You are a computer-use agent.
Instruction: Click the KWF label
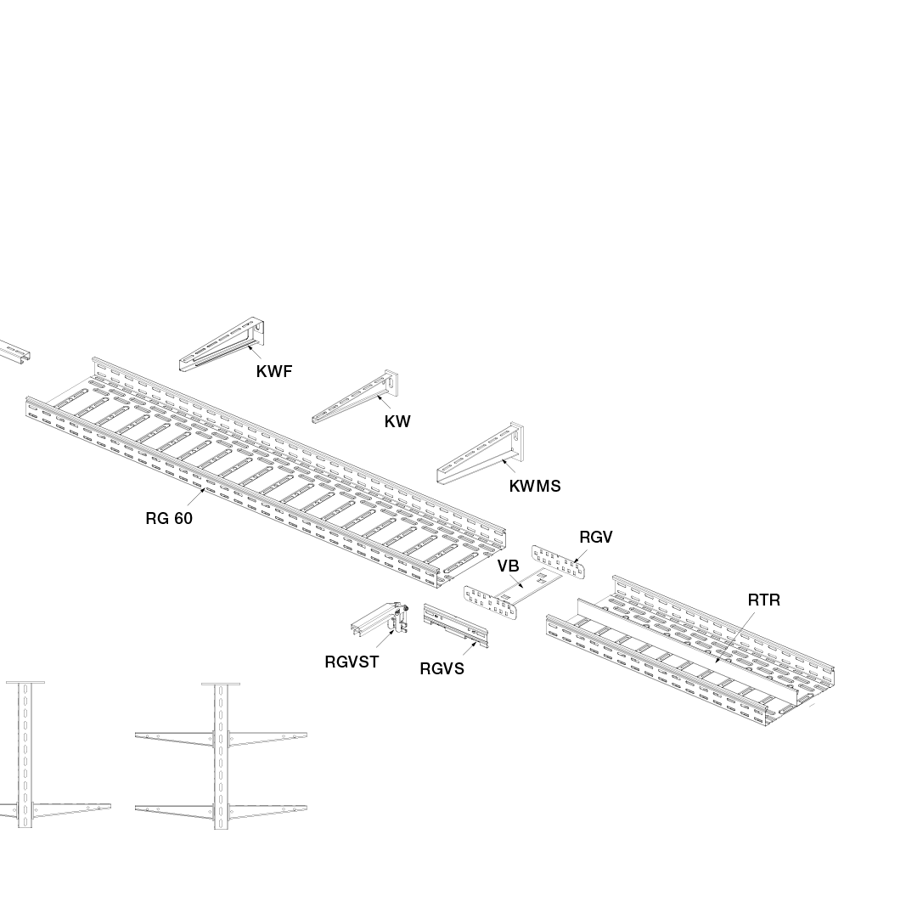(x=273, y=371)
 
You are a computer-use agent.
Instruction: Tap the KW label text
(x=397, y=421)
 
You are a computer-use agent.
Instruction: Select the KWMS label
(x=534, y=486)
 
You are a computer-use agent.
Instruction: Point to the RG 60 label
(x=169, y=518)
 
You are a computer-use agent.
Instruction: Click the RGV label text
(x=595, y=537)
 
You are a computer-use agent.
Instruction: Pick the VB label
(x=508, y=566)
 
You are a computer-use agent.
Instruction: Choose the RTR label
(x=763, y=600)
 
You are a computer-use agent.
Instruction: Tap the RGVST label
(x=352, y=662)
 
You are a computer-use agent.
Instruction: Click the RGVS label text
(x=442, y=668)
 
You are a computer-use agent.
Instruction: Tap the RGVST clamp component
(x=380, y=621)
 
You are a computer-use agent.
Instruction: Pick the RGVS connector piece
(x=456, y=626)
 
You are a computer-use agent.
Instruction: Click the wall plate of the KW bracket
(x=392, y=386)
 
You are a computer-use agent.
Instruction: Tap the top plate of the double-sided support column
(x=221, y=684)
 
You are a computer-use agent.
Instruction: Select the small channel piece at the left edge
(x=14, y=352)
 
